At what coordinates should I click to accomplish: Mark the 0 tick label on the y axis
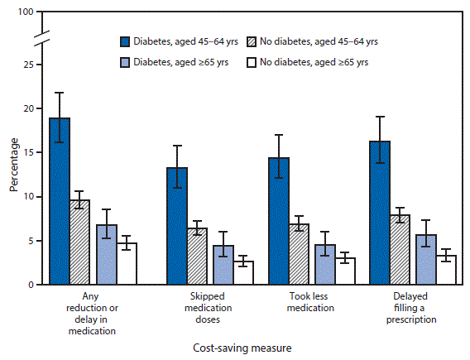[x=31, y=285]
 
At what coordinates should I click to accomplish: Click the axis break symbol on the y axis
[x=46, y=36]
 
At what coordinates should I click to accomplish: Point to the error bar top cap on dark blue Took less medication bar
[x=278, y=135]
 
